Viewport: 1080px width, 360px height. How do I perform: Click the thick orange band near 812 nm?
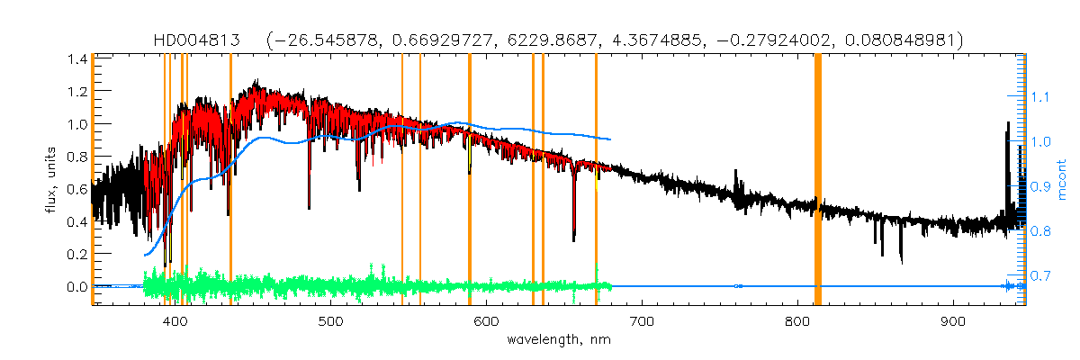pyautogui.click(x=818, y=180)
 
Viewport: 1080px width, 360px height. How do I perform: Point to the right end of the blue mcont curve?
pyautogui.click(x=611, y=139)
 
